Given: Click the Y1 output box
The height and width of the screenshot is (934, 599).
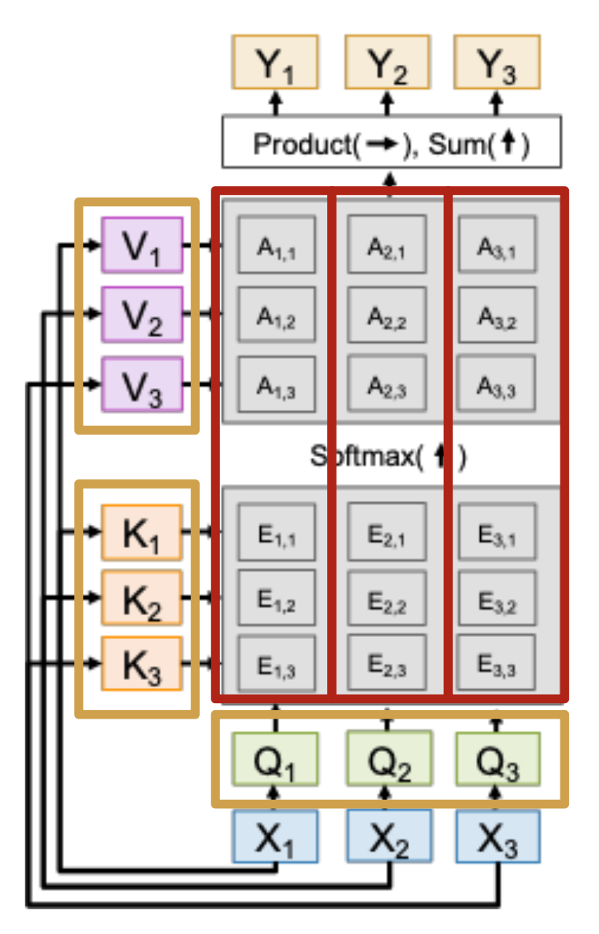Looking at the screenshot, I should (275, 63).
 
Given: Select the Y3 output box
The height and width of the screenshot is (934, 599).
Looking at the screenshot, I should (496, 63).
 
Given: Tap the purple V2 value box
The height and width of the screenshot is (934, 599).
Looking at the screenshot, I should (142, 313).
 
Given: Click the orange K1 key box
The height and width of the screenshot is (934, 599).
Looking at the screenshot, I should (142, 532).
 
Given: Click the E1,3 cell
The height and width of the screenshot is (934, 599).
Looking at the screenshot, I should (276, 662).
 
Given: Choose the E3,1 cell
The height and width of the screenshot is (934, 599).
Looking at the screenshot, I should (496, 532).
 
